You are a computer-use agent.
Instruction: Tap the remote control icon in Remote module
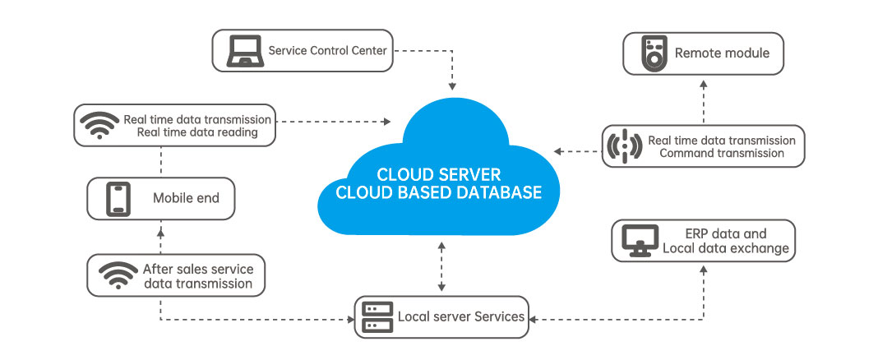pyautogui.click(x=652, y=54)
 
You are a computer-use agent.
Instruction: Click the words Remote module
pyautogui.click(x=722, y=53)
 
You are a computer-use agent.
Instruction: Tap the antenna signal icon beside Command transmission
pyautogui.click(x=624, y=146)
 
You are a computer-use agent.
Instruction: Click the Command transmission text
pyautogui.click(x=721, y=153)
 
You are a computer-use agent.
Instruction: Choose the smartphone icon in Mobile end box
pyautogui.click(x=117, y=199)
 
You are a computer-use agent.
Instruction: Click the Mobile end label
pyautogui.click(x=187, y=199)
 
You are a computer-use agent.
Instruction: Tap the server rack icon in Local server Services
pyautogui.click(x=376, y=316)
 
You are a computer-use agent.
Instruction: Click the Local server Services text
pyautogui.click(x=460, y=316)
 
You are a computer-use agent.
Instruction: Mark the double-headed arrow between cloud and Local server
pyautogui.click(x=442, y=266)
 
